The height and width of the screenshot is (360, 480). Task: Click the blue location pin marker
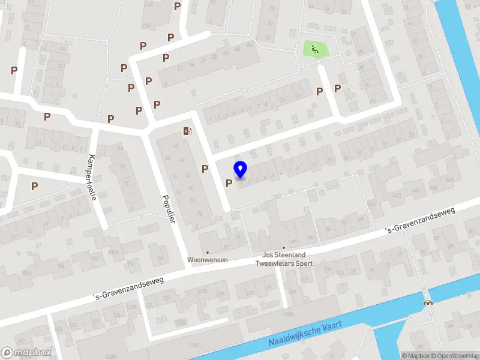click(241, 170)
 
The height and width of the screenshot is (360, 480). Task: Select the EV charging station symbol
click(188, 131)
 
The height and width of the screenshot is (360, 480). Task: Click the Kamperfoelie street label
click(92, 173)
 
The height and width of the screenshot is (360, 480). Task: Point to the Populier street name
click(169, 210)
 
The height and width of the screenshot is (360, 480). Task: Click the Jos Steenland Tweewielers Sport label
click(284, 259)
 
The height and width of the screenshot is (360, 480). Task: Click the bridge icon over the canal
click(427, 302)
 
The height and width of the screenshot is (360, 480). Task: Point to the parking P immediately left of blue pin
click(229, 183)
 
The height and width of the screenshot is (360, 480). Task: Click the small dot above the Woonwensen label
click(208, 253)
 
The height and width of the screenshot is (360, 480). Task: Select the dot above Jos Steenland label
click(284, 247)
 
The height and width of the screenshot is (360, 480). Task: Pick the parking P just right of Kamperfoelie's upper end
click(110, 119)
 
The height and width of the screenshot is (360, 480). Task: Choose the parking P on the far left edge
click(14, 70)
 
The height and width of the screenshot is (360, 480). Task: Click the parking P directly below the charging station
click(205, 169)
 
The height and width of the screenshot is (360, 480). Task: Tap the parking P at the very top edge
click(177, 6)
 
